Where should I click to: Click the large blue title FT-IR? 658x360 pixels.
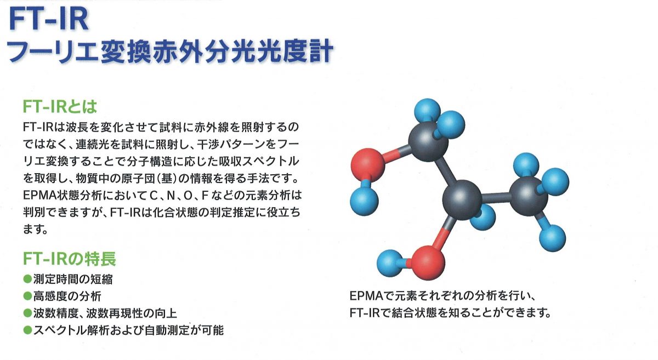pos(49,19)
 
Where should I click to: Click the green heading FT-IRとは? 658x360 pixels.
pos(60,107)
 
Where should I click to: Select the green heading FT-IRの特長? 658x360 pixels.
pos(69,259)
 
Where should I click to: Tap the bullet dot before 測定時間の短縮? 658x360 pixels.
pos(27,279)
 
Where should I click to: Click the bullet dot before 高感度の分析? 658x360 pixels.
pos(27,296)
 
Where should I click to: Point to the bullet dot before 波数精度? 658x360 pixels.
pos(27,313)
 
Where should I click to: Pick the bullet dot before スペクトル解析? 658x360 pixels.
pos(27,330)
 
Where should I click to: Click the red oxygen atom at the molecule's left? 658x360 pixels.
pos(367,165)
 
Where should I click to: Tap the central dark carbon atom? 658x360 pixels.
pos(462,199)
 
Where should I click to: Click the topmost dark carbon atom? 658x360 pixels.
pos(428,142)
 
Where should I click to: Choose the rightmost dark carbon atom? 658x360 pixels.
pos(528,196)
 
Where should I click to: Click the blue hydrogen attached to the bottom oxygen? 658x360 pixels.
pos(390,263)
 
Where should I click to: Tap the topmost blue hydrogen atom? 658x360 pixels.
pos(427,112)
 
